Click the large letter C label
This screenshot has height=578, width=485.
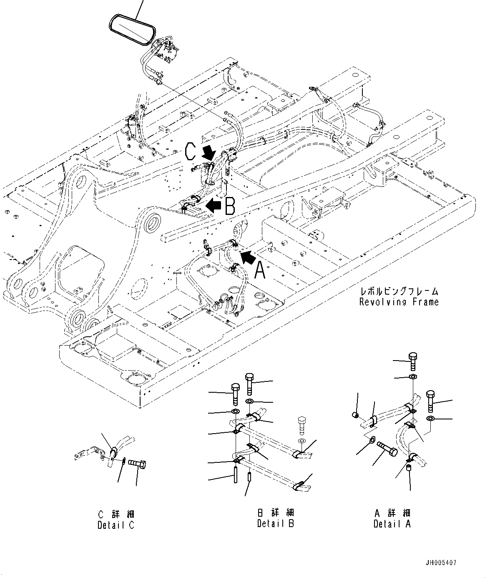(x=190, y=151)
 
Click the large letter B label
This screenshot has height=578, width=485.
(x=230, y=206)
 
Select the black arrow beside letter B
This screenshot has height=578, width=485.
(x=214, y=205)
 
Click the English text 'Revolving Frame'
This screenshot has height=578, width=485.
(x=399, y=302)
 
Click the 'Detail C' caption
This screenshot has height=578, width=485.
(x=116, y=525)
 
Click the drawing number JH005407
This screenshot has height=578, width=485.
(x=442, y=563)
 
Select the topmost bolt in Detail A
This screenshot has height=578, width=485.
(x=412, y=361)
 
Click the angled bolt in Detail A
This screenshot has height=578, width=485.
(x=387, y=450)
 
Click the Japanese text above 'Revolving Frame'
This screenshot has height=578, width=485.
(x=399, y=292)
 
